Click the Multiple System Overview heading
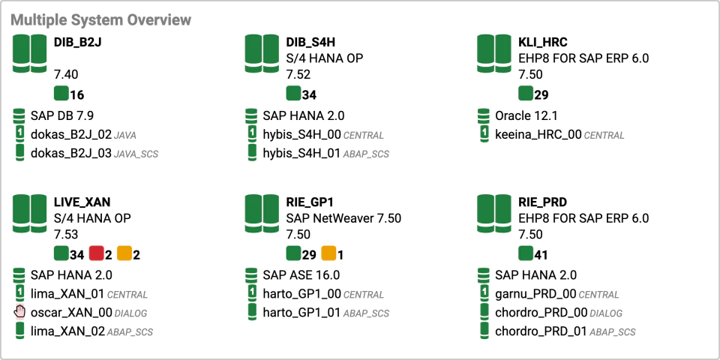click(100, 19)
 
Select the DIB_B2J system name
click(77, 43)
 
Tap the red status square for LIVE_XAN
click(97, 253)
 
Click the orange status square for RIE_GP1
click(328, 253)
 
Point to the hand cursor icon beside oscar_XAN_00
click(19, 312)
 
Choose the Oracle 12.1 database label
click(526, 115)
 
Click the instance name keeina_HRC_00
click(538, 135)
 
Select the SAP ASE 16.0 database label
click(301, 275)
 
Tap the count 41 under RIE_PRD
click(541, 255)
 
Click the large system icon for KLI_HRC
click(494, 53)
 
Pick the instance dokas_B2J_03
click(71, 153)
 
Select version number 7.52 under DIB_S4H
click(298, 75)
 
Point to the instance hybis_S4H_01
click(302, 153)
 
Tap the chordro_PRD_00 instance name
click(541, 313)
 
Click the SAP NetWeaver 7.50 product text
click(343, 218)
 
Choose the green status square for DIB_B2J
click(61, 93)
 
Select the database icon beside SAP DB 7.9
click(19, 116)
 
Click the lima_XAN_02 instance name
click(68, 331)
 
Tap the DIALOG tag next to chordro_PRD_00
click(606, 313)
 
